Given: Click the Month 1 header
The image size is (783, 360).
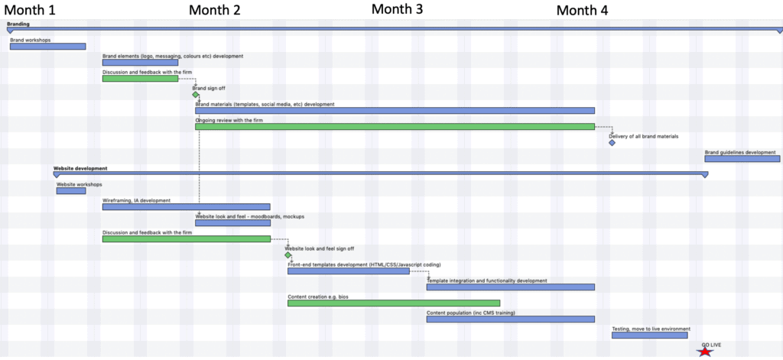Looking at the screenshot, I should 31,10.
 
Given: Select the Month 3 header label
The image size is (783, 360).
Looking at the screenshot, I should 397,9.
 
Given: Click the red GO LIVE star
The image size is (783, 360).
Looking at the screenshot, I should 704,351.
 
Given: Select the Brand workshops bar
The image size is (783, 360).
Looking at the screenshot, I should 47,47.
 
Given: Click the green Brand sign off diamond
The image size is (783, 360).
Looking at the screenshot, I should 196,95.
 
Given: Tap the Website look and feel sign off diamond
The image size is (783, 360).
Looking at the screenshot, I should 288,255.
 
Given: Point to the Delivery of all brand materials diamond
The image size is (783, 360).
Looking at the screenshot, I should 612,143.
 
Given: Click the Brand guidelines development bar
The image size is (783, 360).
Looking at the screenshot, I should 742,159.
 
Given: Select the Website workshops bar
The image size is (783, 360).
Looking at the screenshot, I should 71,191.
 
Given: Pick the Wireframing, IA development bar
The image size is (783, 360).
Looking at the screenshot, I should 187,207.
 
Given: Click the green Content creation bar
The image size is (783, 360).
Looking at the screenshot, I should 394,303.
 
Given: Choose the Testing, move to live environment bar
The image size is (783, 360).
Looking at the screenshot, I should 649,335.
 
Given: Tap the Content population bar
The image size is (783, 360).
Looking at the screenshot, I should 510,319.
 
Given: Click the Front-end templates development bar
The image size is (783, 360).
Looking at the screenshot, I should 349,271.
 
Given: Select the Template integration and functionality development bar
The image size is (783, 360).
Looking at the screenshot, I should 510,287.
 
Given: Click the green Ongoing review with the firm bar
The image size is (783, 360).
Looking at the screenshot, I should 395,127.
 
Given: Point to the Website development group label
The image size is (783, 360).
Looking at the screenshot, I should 80,168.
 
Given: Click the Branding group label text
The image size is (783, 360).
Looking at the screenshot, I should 18,24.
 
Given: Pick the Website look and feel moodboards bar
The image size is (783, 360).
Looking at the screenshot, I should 232,223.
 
